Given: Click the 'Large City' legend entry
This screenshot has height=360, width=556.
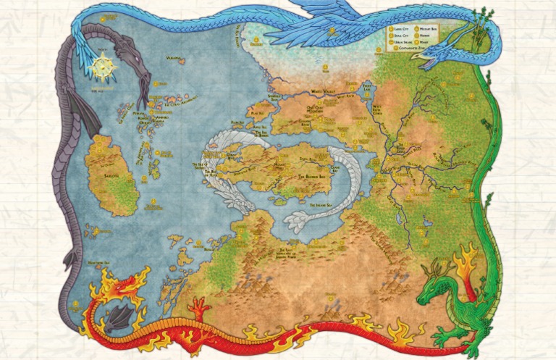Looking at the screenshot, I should pyautogui.click(x=400, y=28).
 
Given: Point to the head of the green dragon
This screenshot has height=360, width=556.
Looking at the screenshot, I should pyautogui.click(x=433, y=296).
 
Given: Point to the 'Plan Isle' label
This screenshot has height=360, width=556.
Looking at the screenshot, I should pyautogui.click(x=255, y=113).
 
